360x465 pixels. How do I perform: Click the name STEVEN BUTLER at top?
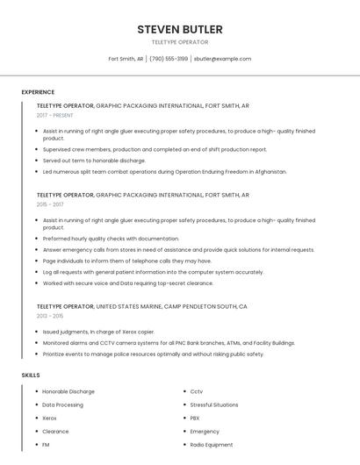[179, 30]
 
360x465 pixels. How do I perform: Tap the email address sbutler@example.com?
[222, 59]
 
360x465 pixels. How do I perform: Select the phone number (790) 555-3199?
[169, 59]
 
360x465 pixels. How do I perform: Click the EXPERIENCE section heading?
[38, 92]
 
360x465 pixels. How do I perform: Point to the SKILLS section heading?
[31, 375]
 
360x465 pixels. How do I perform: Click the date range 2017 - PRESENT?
[55, 115]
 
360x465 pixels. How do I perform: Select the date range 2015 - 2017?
[50, 204]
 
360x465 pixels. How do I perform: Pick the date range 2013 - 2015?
[50, 316]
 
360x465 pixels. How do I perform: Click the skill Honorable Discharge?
[68, 391]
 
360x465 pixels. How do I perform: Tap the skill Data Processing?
[63, 404]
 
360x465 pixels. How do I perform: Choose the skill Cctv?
[197, 391]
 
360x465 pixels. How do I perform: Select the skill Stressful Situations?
[214, 404]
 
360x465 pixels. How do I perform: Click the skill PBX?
[195, 418]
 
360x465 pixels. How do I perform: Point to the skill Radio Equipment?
[212, 445]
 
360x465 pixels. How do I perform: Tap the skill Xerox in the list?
[50, 418]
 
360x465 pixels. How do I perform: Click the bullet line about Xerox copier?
[98, 333]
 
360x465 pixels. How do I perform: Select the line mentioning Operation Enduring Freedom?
[165, 172]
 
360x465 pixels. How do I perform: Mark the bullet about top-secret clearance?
[128, 283]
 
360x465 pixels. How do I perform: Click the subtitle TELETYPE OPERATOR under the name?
[179, 42]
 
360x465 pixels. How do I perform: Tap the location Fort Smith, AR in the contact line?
[126, 59]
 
